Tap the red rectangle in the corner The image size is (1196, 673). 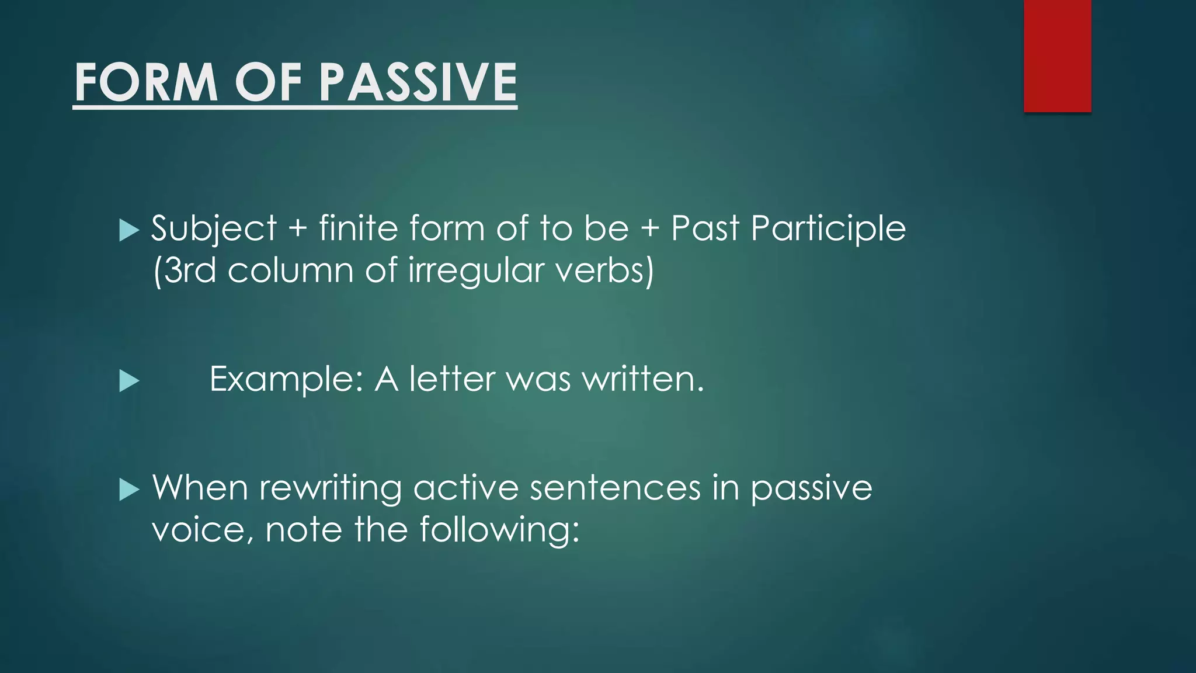[1057, 55]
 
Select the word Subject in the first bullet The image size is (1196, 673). [214, 228]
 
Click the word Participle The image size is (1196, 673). [828, 228]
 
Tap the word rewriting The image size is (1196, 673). [331, 488]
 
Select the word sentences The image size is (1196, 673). [615, 488]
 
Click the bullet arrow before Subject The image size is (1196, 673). [129, 230]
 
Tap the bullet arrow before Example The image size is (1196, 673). [129, 381]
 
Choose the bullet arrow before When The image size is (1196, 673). [129, 490]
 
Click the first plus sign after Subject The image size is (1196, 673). [297, 228]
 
